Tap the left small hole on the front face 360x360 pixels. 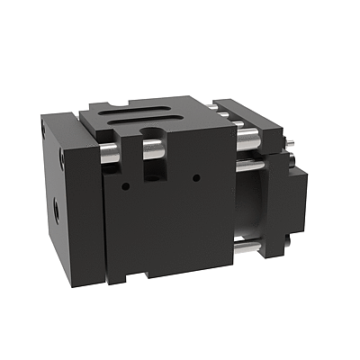pos(125,186)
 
